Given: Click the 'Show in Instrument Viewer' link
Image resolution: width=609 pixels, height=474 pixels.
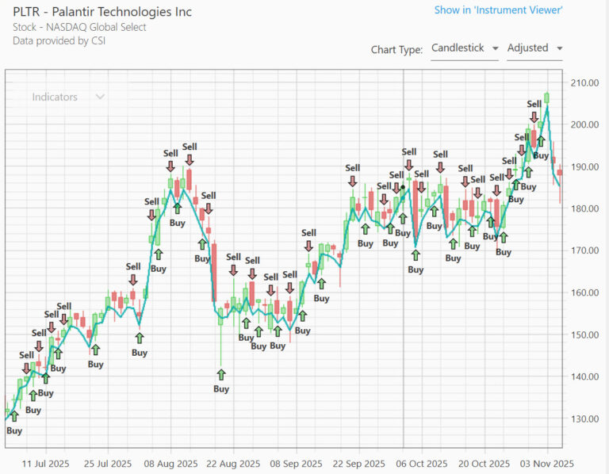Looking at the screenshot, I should (x=498, y=10).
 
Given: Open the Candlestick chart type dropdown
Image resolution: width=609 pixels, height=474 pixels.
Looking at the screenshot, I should (x=464, y=48).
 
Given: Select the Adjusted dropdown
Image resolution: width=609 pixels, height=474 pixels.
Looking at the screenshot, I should (x=534, y=48).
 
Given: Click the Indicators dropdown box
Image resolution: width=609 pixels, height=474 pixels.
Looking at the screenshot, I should (x=67, y=97).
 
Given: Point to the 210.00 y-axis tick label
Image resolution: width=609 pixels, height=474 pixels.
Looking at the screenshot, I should (x=584, y=82).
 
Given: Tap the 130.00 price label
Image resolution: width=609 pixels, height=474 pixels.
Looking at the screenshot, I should (x=584, y=419).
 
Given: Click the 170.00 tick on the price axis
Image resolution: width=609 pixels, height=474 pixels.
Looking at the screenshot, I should (x=584, y=250).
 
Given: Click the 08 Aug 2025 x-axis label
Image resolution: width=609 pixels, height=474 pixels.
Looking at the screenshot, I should (x=171, y=463).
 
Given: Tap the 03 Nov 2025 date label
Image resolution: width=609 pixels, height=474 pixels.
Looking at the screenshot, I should (x=546, y=463).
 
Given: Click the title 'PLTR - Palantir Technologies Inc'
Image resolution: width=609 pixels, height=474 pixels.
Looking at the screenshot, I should (x=102, y=12).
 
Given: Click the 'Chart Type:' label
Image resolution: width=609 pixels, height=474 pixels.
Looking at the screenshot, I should (x=396, y=49).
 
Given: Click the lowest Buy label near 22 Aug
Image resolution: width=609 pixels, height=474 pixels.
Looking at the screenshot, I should (x=221, y=388).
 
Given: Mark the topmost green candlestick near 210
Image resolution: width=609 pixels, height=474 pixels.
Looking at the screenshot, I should (x=546, y=97).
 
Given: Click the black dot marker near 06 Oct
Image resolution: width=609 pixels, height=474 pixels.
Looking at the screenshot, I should (x=403, y=187).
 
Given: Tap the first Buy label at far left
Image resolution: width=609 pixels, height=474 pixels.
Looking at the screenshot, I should (x=14, y=430).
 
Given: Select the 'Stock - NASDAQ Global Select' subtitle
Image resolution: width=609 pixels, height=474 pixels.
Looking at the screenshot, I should (x=79, y=27).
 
